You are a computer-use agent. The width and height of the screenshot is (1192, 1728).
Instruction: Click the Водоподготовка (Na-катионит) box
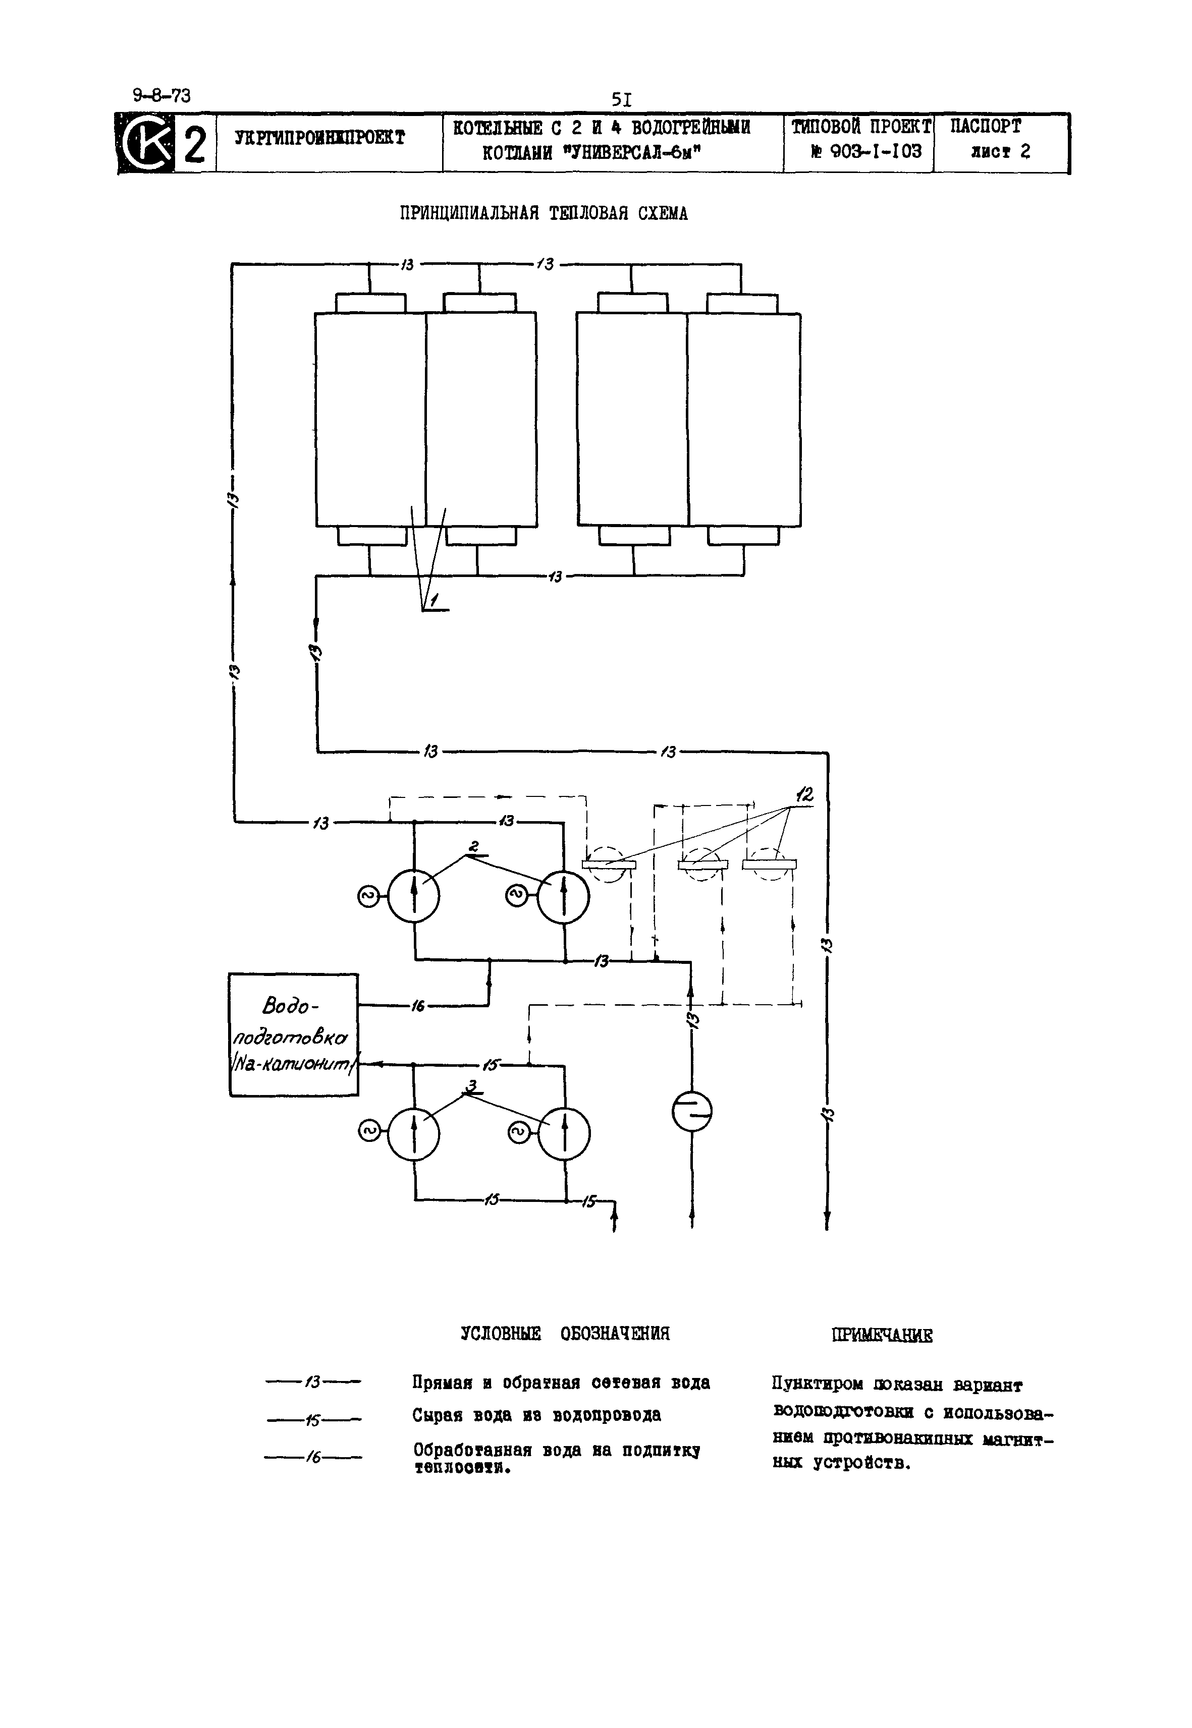pos(294,1034)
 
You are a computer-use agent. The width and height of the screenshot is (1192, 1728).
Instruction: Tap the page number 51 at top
pos(621,99)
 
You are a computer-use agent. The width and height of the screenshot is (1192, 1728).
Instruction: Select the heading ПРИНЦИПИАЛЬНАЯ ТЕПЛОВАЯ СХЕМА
pos(543,214)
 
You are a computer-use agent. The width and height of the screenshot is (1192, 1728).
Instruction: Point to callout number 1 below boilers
pos(434,599)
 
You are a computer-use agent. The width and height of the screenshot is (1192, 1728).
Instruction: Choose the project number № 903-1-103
pos(866,152)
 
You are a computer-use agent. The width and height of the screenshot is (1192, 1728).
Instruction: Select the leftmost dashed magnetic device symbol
pos(608,865)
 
